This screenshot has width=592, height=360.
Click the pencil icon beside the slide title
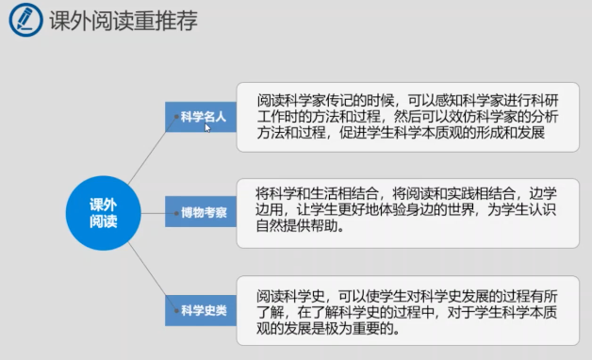25,20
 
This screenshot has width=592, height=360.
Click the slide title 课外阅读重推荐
123,21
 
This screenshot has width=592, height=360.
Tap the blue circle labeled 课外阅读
104,213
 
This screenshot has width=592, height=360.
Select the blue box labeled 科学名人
201,117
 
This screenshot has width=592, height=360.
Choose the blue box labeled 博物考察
201,212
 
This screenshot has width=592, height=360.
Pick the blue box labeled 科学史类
201,311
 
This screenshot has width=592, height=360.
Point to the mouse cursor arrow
207,127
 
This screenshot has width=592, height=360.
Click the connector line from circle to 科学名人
152,150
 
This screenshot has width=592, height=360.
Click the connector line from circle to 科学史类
152,276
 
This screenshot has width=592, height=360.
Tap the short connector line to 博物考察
158,213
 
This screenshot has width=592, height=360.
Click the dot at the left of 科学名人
176,117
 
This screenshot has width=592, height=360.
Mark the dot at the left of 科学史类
176,311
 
